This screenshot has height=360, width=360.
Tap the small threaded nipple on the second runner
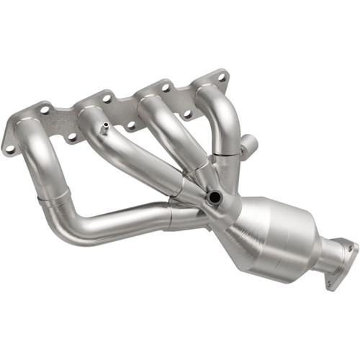(105, 130)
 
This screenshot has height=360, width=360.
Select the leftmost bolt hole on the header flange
(9, 149)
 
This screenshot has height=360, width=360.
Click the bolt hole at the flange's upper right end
(222, 76)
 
